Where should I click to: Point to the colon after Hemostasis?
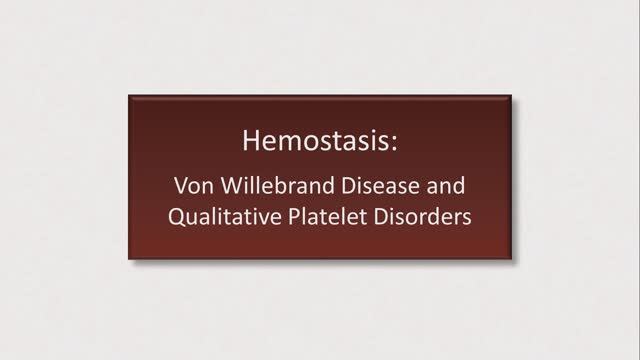[x=393, y=142]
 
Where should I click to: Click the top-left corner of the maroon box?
[x=129, y=95]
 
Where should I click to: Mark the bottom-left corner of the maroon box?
[x=129, y=259]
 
